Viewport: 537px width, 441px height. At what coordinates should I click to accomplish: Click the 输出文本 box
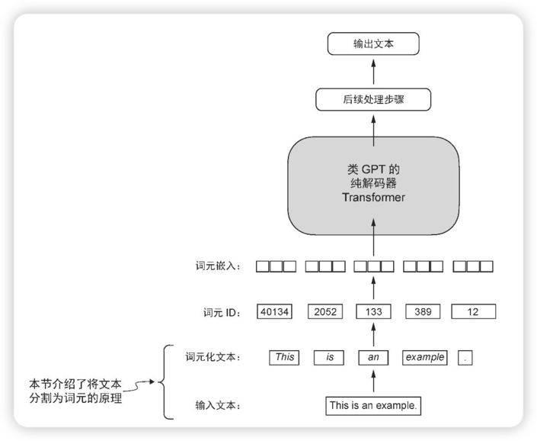click(373, 44)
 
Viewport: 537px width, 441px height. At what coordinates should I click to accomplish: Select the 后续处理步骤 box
click(373, 99)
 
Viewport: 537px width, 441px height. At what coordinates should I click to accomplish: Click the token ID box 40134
click(275, 311)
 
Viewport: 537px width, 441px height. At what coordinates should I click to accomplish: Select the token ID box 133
click(373, 311)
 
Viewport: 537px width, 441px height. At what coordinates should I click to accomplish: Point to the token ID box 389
click(424, 311)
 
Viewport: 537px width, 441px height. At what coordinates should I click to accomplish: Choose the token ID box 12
click(473, 311)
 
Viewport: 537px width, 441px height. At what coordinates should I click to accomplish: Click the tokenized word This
click(284, 356)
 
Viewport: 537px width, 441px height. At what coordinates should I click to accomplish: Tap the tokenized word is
click(330, 356)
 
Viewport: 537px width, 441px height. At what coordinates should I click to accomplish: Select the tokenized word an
click(373, 356)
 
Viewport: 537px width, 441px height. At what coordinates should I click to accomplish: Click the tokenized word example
click(424, 356)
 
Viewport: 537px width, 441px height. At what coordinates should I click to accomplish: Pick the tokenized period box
click(466, 356)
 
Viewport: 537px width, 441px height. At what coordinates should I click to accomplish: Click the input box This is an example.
click(373, 405)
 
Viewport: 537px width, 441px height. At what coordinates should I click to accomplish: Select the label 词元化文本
click(213, 356)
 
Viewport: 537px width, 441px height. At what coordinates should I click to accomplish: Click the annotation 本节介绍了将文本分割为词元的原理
click(76, 389)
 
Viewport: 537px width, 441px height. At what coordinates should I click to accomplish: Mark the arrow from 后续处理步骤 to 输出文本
click(373, 72)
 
